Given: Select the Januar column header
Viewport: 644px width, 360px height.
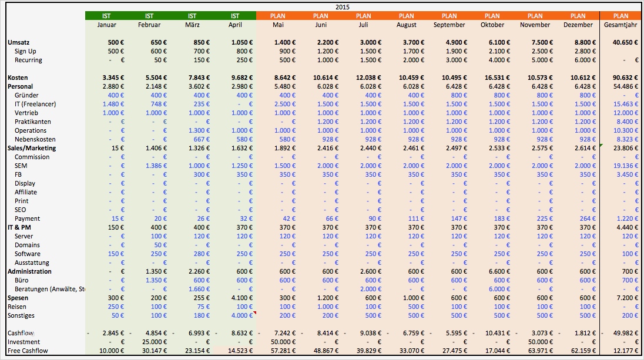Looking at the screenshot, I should pyautogui.click(x=106, y=25).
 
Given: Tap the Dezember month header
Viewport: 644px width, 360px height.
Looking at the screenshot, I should pyautogui.click(x=578, y=25).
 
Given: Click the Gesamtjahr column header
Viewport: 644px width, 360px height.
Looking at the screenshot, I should pyautogui.click(x=620, y=25).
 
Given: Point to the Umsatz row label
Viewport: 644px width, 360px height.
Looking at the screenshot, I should pyautogui.click(x=18, y=42).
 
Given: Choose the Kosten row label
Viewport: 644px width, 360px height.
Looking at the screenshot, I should pyautogui.click(x=18, y=78).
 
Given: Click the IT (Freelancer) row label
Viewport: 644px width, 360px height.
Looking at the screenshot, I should pyautogui.click(x=35, y=104).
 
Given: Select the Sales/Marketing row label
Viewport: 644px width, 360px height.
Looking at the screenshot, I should pyautogui.click(x=32, y=148).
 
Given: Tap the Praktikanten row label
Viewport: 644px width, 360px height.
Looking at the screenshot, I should pyautogui.click(x=33, y=122).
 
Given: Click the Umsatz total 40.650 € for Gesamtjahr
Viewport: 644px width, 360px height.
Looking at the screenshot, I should pyautogui.click(x=625, y=42).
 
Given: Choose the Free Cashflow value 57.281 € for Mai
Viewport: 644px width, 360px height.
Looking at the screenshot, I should pyautogui.click(x=280, y=351).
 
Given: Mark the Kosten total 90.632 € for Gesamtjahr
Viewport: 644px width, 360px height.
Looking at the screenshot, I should pyautogui.click(x=625, y=78).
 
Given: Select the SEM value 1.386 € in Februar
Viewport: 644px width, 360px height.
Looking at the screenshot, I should pyautogui.click(x=155, y=166).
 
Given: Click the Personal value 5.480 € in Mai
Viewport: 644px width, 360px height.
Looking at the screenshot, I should pyautogui.click(x=283, y=86).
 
